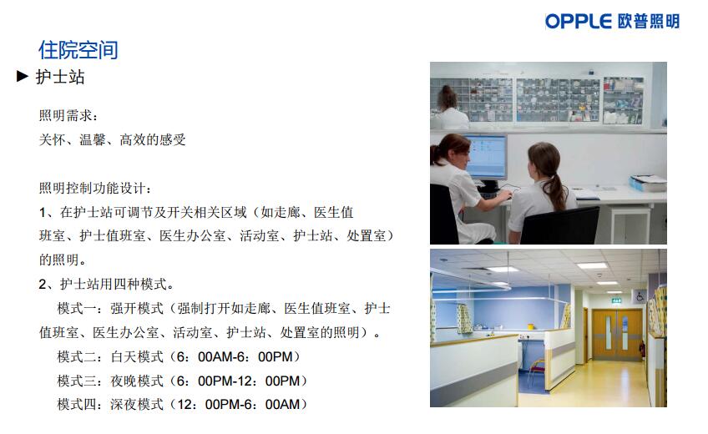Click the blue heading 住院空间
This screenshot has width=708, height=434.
[x=78, y=49]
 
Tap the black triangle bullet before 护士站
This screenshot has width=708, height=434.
[x=22, y=76]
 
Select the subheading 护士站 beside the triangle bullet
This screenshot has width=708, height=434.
[x=60, y=77]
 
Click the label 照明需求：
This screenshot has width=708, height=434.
[x=68, y=115]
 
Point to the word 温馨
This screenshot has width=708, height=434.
[x=93, y=139]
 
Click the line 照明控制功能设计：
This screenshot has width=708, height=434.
[x=95, y=188]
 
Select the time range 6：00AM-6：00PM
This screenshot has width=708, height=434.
[x=235, y=357]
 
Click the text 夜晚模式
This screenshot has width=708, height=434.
[x=137, y=381]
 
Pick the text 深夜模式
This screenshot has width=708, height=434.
[x=137, y=404]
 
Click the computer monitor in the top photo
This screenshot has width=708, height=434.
[x=487, y=158]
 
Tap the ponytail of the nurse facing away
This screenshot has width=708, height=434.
[x=557, y=189]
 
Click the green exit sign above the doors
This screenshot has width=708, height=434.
[x=616, y=300]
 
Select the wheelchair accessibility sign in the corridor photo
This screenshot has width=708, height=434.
[x=640, y=296]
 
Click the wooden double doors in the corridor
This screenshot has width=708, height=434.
[x=617, y=335]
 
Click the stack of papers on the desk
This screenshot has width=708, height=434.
[x=648, y=183]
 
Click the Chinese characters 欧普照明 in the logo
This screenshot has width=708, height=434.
[x=649, y=21]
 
